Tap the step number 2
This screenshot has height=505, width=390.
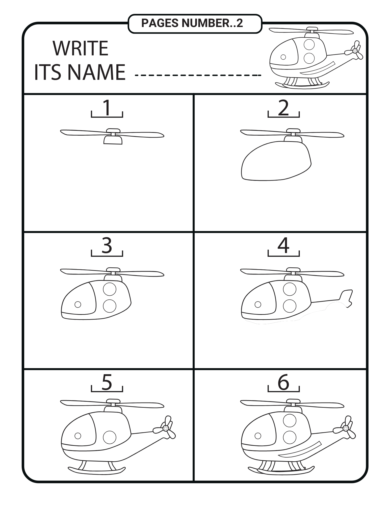tap(283, 108)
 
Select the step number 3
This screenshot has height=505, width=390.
tap(107, 245)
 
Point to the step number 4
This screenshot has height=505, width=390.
tap(283, 245)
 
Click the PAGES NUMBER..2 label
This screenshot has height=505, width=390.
tap(192, 23)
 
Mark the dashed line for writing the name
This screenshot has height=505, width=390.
tap(198, 75)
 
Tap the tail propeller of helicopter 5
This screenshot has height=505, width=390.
tap(165, 428)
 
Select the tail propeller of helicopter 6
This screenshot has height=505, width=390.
tap(345, 428)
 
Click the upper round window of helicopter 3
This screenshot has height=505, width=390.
tap(110, 289)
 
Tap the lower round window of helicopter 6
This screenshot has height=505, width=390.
tap(290, 437)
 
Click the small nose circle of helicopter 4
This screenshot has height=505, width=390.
tap(258, 305)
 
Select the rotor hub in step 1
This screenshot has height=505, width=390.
tap(113, 137)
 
